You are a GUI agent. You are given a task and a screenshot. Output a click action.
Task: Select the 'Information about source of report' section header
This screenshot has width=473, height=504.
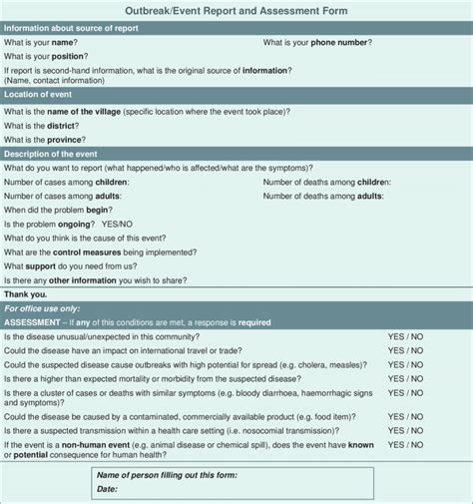pos(71,28)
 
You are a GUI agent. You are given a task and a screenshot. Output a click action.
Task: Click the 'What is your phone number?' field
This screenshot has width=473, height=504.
pos(317,43)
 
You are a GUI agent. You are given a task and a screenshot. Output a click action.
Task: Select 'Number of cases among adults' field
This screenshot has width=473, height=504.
pos(63,197)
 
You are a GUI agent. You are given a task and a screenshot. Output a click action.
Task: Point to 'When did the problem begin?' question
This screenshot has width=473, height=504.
pos(59,211)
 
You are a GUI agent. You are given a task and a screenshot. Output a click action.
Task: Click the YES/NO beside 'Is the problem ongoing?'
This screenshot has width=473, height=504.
pos(117,225)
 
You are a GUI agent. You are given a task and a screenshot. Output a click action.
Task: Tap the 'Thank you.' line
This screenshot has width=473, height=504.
pos(25,294)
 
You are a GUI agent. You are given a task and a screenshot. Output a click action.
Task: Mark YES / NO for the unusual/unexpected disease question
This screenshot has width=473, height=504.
pos(405,337)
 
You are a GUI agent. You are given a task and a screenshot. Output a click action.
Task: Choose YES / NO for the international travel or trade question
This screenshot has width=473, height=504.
pos(405,351)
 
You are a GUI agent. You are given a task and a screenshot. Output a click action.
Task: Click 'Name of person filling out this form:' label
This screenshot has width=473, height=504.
pos(165,475)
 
